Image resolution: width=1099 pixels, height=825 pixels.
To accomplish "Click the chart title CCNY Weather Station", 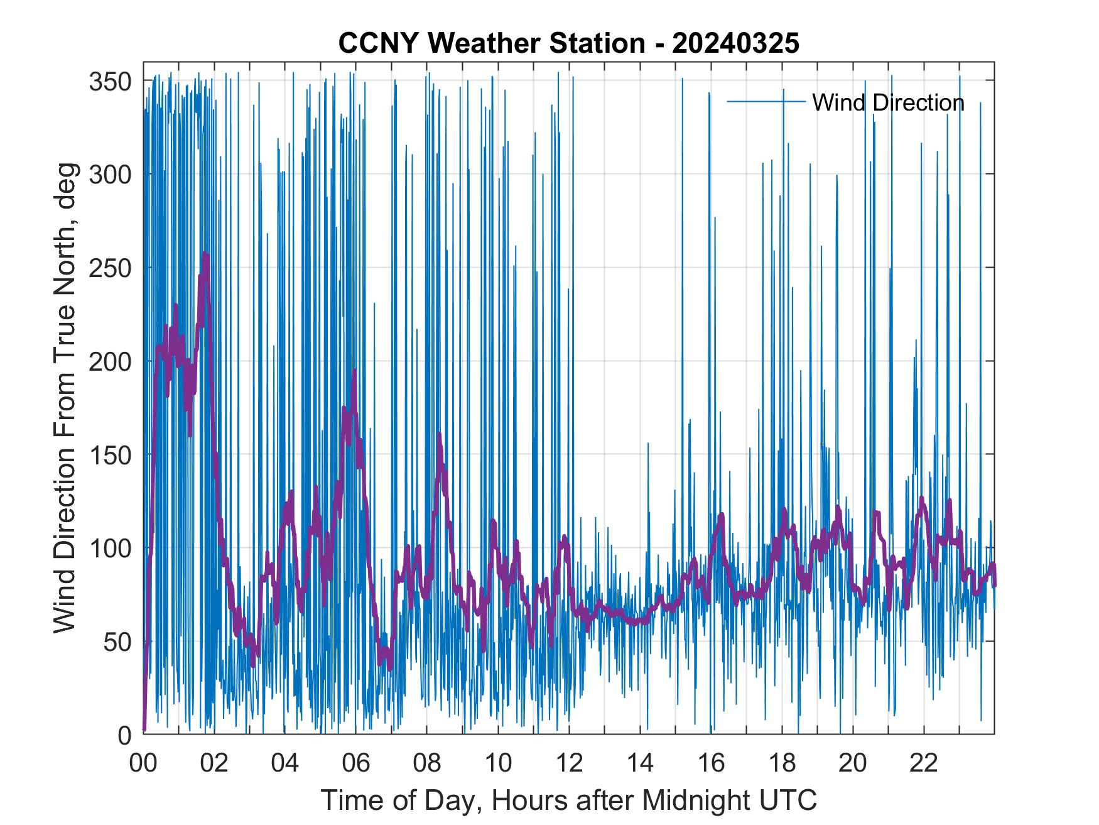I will click(x=491, y=43).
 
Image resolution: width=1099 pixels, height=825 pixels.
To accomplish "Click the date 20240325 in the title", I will click(x=735, y=43).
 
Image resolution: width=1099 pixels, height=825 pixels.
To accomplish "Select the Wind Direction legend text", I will click(x=888, y=102).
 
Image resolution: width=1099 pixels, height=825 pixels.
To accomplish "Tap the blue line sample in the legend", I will click(x=766, y=101).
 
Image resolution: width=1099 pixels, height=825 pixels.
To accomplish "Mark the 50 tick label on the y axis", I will click(x=116, y=642).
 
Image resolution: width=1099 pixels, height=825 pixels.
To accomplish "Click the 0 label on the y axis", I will click(x=124, y=735).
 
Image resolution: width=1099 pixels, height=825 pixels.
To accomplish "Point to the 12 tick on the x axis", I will click(x=568, y=763).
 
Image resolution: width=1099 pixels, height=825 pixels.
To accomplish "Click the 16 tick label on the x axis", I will click(x=711, y=763).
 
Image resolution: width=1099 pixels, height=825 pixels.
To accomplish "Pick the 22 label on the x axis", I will click(x=924, y=763).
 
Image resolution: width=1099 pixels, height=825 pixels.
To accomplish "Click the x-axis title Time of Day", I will click(x=569, y=800).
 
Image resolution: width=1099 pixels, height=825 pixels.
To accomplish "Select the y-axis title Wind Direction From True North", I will click(x=65, y=398).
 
